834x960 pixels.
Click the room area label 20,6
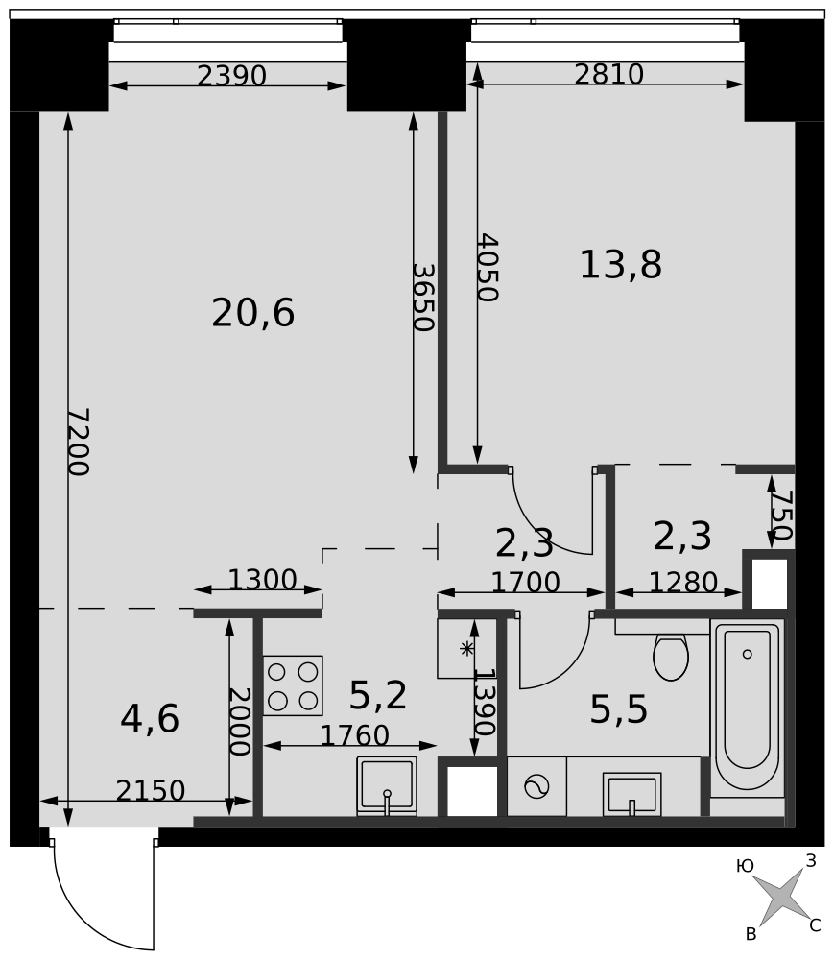coord(252,313)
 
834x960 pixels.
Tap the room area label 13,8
coord(620,265)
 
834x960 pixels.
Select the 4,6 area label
coord(150,719)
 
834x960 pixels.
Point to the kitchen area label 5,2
coord(378,695)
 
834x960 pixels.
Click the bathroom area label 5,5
coord(619,710)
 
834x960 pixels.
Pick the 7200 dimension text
coord(79,442)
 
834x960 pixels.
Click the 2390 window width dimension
coord(232,76)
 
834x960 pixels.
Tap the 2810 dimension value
coord(608,74)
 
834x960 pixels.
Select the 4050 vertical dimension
coord(488,268)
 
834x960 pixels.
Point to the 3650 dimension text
coord(423,298)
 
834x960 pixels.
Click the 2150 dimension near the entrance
coord(151,791)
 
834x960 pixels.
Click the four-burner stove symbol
coord(293,685)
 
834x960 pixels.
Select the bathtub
coord(747,708)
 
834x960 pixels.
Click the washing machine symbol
coord(536,787)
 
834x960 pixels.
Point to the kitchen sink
coord(387,786)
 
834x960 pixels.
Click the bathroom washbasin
coord(632,794)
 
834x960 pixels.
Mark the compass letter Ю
coord(746,866)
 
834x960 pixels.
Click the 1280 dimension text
coord(683,583)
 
